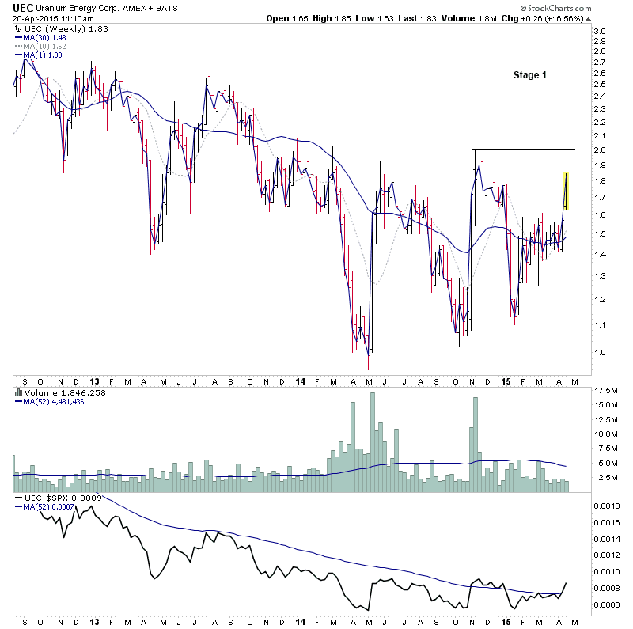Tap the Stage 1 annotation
click(529, 75)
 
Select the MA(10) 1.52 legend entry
click(44, 47)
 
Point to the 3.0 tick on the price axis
click(599, 32)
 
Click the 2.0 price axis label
click(599, 150)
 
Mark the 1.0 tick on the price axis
click(599, 352)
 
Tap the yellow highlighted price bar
click(566, 191)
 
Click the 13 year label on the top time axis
click(94, 380)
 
